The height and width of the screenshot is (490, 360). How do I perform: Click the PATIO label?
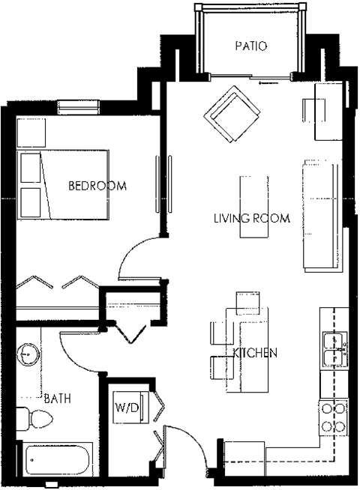click(251, 46)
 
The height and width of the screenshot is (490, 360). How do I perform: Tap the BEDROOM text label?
click(97, 185)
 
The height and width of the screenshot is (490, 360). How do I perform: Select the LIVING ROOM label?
click(252, 219)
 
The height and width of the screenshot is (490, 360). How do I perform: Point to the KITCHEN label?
click(256, 352)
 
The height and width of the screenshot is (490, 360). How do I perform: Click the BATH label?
click(57, 399)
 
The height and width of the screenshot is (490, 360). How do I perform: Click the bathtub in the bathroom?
click(58, 459)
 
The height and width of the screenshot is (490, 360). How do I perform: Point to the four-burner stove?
click(332, 417)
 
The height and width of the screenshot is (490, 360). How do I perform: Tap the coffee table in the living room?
click(253, 206)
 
